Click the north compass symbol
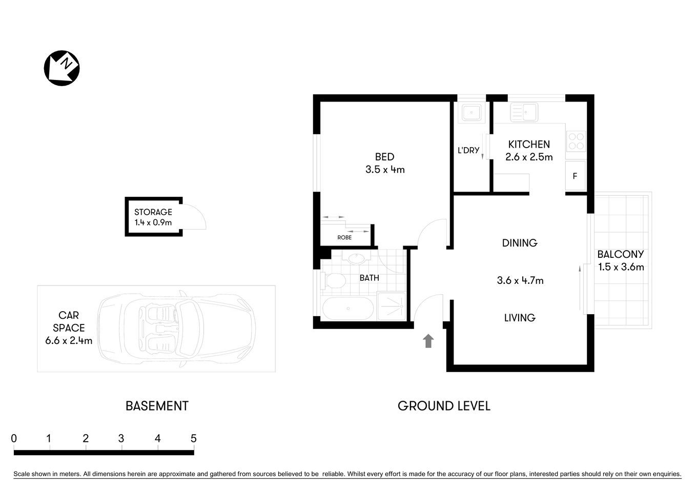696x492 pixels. pyautogui.click(x=62, y=68)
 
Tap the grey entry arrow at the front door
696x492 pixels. pyautogui.click(x=428, y=341)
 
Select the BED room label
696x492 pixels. pyautogui.click(x=384, y=157)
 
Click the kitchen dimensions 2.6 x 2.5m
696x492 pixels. pyautogui.click(x=529, y=157)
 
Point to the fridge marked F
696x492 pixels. pyautogui.click(x=575, y=176)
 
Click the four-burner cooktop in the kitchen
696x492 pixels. pyautogui.click(x=576, y=141)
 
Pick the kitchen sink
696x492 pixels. pyautogui.click(x=523, y=112)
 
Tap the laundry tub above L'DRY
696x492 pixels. pyautogui.click(x=470, y=112)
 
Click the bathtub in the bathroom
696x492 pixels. pyautogui.click(x=348, y=309)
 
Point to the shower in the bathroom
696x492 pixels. pyautogui.click(x=392, y=306)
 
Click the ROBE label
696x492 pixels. pyautogui.click(x=344, y=237)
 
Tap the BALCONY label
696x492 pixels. pyautogui.click(x=620, y=254)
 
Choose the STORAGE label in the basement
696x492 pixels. pyautogui.click(x=153, y=212)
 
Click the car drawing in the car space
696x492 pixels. pyautogui.click(x=177, y=329)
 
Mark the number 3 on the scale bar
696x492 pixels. pyautogui.click(x=121, y=439)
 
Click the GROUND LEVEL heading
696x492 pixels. pyautogui.click(x=444, y=406)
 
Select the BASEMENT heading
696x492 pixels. pyautogui.click(x=157, y=406)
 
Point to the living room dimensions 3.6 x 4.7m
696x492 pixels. pyautogui.click(x=520, y=280)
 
